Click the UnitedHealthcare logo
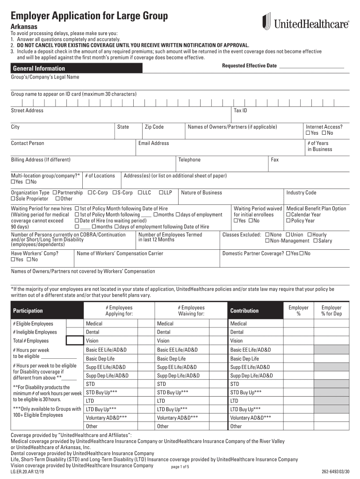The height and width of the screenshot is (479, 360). pos(305,22)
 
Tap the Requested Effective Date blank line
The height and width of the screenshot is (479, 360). pos(311,66)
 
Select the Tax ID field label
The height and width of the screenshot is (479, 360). pos(240,110)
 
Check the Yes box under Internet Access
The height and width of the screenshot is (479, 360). pos(308,133)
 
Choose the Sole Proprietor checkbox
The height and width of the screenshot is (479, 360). pos(14,199)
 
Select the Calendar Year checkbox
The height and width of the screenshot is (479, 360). pos(288,215)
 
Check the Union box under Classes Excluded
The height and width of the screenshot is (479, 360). pos(288,235)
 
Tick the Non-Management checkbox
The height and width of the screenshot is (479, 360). pos(267,241)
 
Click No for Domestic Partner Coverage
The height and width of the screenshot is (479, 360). pos(302,254)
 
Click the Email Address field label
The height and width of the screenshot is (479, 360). pos(153,143)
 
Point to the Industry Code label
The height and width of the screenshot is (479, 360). pos(301,193)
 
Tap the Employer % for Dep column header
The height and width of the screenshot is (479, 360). pos(331,311)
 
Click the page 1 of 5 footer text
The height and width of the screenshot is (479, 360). pos(180,467)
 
